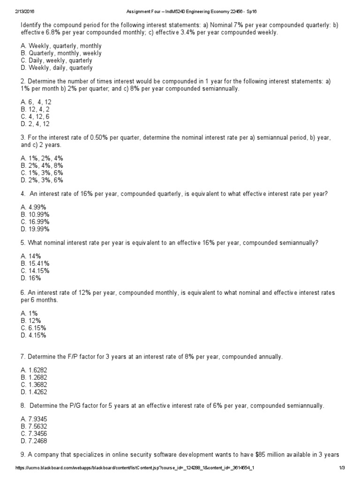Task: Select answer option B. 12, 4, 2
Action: click(x=36, y=110)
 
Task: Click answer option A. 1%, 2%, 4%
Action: click(x=42, y=158)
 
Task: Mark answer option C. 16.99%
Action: click(x=35, y=222)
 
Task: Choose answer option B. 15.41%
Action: click(x=35, y=263)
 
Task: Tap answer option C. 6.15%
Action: click(x=33, y=328)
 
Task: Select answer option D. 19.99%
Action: click(x=35, y=229)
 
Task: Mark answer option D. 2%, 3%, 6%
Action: click(x=42, y=180)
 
